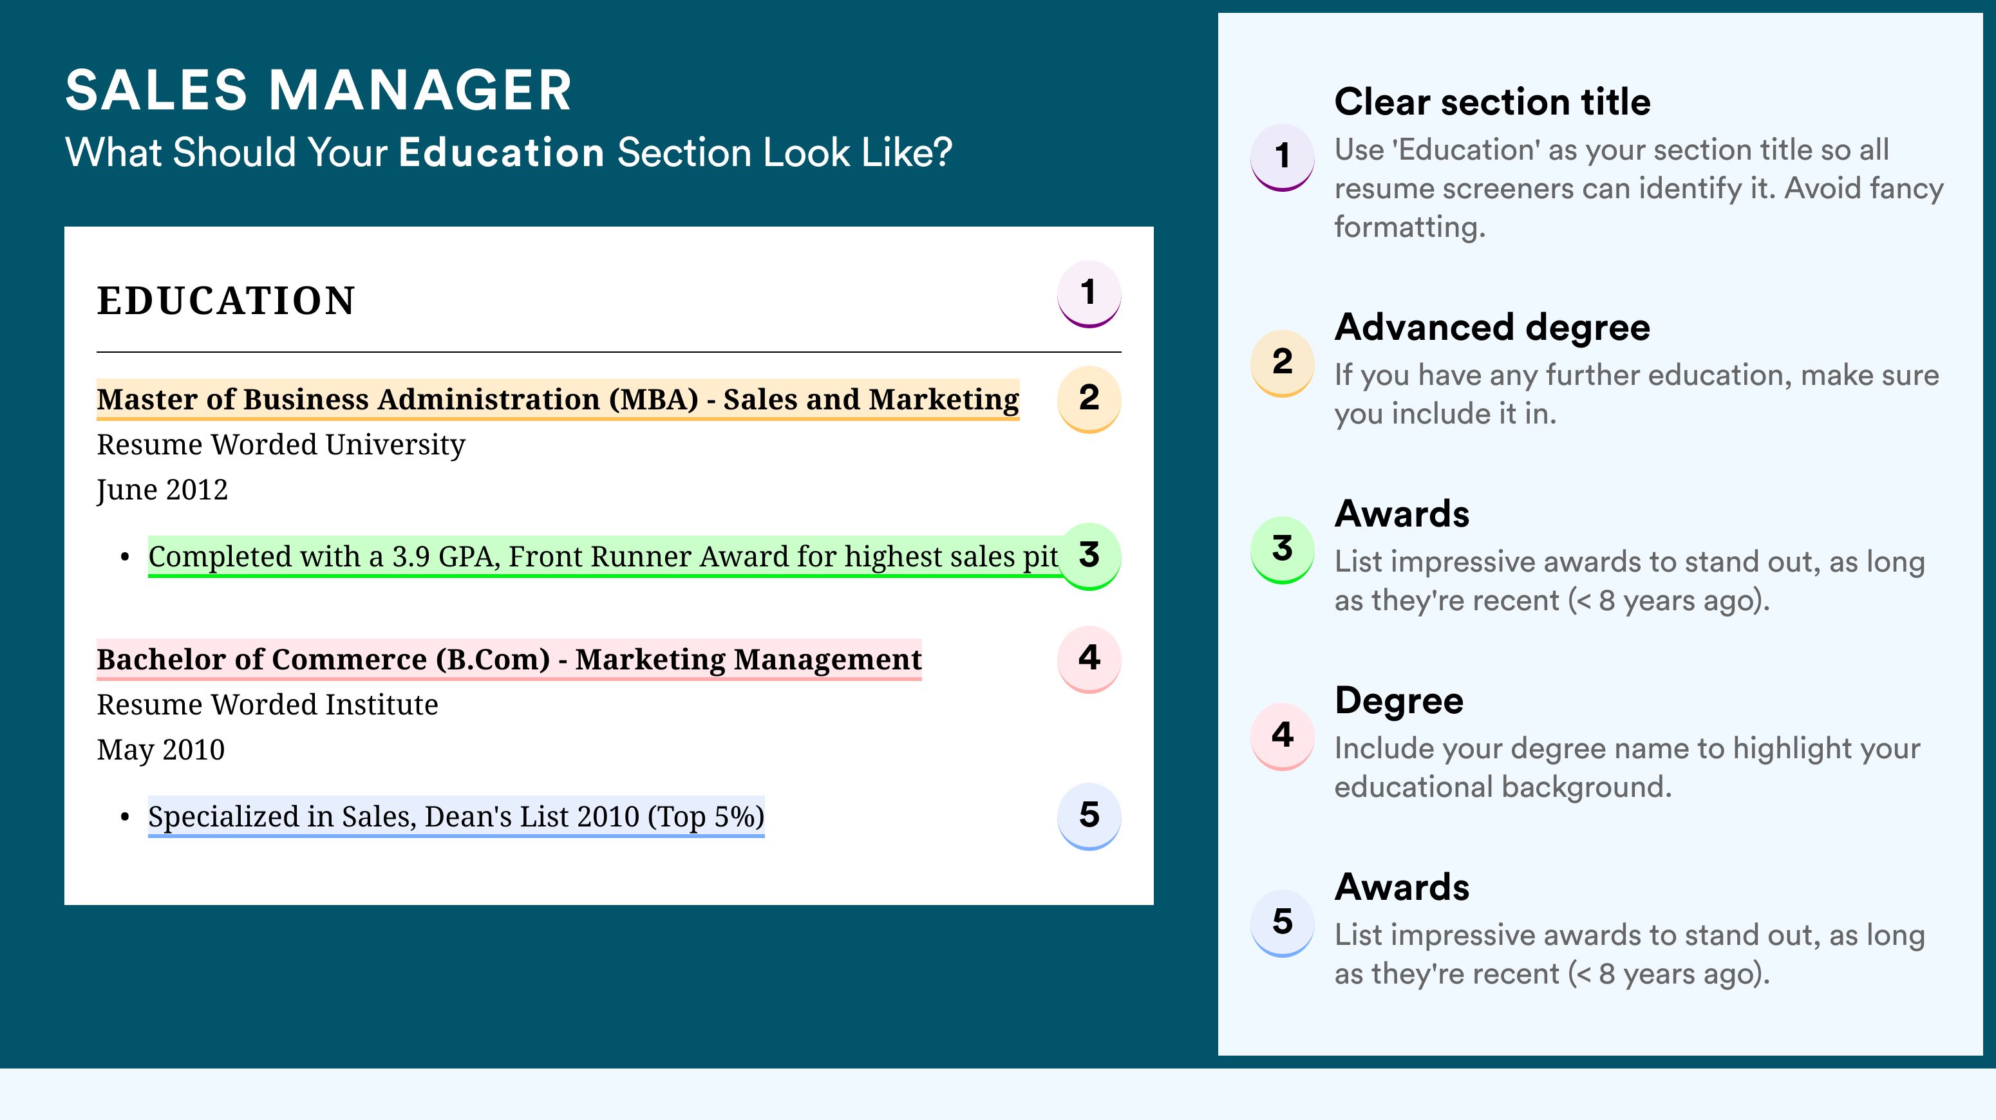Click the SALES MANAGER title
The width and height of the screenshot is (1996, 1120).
(x=319, y=91)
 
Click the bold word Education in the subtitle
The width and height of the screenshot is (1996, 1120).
(x=502, y=152)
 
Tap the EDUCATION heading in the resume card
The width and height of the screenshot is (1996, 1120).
(x=226, y=301)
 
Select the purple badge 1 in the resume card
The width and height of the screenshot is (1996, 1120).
(x=1089, y=294)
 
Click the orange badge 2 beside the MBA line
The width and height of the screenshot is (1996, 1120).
(x=1089, y=399)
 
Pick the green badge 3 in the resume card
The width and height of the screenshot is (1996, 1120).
(x=1089, y=556)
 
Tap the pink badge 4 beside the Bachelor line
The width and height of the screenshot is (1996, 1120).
(x=1089, y=659)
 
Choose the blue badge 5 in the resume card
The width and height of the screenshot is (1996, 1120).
(x=1089, y=816)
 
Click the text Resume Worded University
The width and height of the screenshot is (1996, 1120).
(x=281, y=445)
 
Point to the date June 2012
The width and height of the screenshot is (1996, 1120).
(x=162, y=489)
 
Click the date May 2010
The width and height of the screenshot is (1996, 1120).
(x=160, y=750)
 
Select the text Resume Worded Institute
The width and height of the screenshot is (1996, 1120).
(x=267, y=705)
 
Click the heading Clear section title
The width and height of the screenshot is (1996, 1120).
(x=1492, y=102)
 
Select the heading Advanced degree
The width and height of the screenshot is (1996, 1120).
(x=1492, y=328)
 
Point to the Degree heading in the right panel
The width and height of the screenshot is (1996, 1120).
(x=1399, y=700)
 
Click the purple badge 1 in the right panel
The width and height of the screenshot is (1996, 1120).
(x=1283, y=157)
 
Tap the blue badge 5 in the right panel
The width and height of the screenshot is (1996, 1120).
(x=1283, y=922)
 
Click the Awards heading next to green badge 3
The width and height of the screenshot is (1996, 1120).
(x=1402, y=514)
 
